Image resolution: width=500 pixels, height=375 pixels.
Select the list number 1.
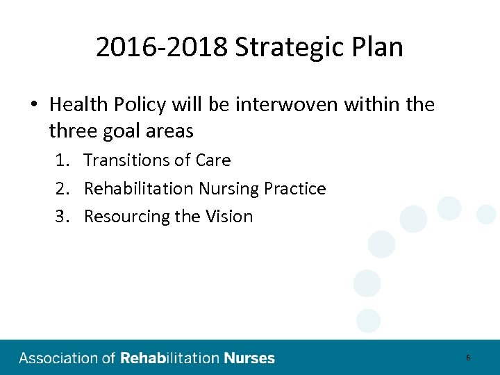tap(62, 160)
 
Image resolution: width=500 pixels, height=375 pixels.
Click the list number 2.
tap(62, 189)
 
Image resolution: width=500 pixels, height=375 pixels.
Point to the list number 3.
tap(62, 217)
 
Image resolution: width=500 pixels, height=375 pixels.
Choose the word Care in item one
tap(212, 160)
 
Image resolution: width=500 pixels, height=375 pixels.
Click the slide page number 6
tap(468, 358)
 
